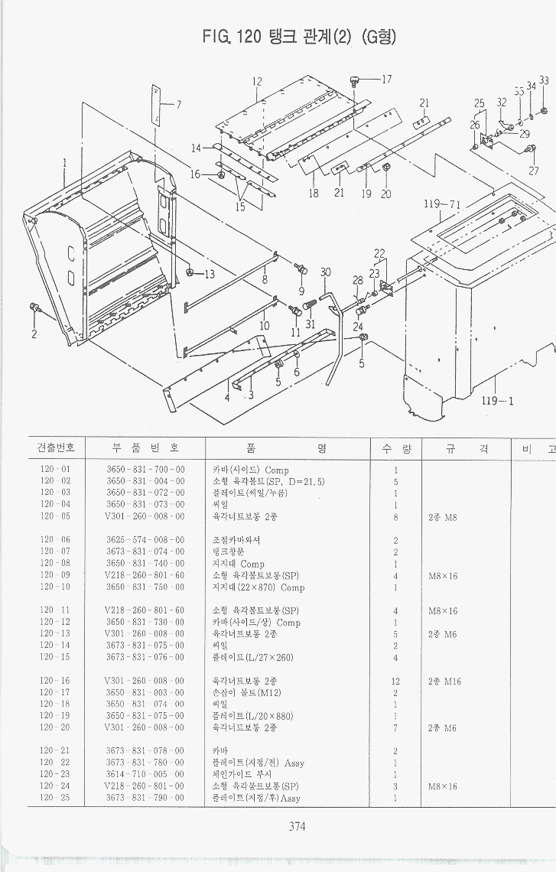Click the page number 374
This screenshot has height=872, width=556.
pos(298,825)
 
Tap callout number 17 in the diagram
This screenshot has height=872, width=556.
pos(385,79)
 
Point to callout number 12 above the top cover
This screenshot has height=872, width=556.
pos(257,82)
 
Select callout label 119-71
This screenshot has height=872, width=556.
pos(441,204)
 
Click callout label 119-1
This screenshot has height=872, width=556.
pos(497,400)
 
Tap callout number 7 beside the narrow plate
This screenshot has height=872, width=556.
pos(178,105)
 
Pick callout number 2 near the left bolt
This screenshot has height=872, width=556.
pos(34,334)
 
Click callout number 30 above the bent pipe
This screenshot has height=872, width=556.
pos(325,273)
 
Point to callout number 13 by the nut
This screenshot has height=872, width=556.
pos(209,275)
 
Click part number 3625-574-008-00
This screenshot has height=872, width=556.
pos(145,540)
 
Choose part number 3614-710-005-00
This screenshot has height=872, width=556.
pos(145,774)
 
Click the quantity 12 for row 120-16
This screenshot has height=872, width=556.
pos(395,681)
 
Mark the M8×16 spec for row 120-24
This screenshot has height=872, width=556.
pos(443,786)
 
